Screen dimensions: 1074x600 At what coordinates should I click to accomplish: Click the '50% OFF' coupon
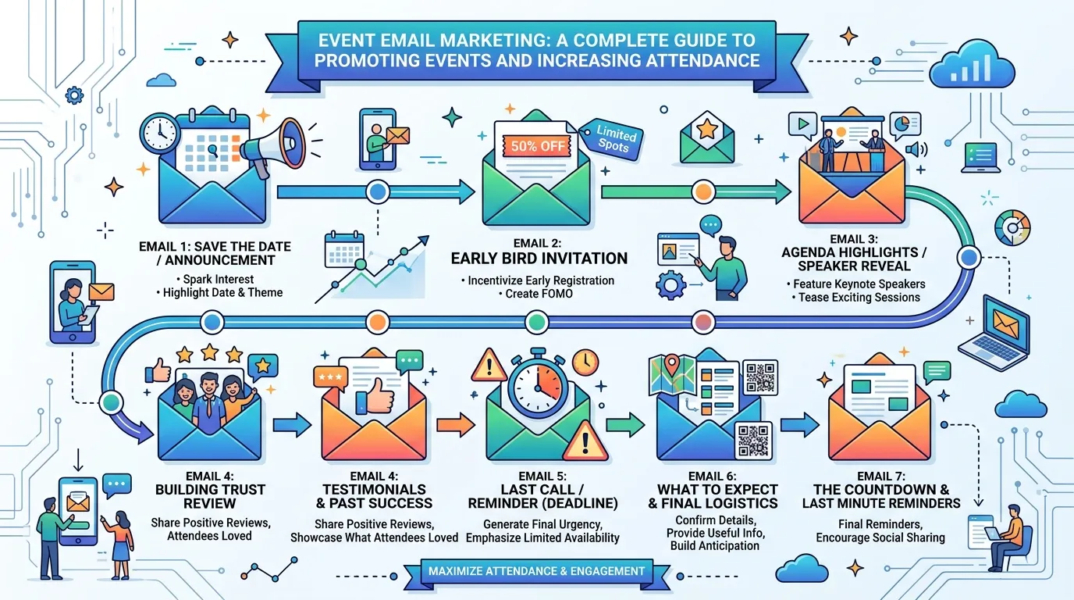(537, 145)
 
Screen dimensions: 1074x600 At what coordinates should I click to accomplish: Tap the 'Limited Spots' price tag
(612, 139)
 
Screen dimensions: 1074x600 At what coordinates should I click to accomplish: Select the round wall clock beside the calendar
(160, 134)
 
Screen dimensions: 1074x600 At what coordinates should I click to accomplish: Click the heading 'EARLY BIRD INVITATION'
(539, 259)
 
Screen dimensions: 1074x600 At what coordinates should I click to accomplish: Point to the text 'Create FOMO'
(539, 294)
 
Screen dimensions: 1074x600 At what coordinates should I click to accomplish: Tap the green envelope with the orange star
(706, 137)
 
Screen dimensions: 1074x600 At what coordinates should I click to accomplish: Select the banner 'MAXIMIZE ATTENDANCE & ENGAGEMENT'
(536, 571)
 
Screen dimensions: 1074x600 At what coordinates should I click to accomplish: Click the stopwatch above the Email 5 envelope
(538, 385)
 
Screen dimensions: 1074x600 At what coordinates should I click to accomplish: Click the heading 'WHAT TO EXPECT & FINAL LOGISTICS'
(713, 496)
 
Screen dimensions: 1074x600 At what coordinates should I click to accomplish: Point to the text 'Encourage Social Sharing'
(880, 537)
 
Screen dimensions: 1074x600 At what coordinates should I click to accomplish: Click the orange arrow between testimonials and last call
(455, 424)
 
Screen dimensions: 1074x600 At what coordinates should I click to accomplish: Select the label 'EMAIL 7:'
(881, 476)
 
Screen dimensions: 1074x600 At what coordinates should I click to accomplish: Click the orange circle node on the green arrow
(703, 191)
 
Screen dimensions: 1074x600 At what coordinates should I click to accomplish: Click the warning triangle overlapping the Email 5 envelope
(585, 442)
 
